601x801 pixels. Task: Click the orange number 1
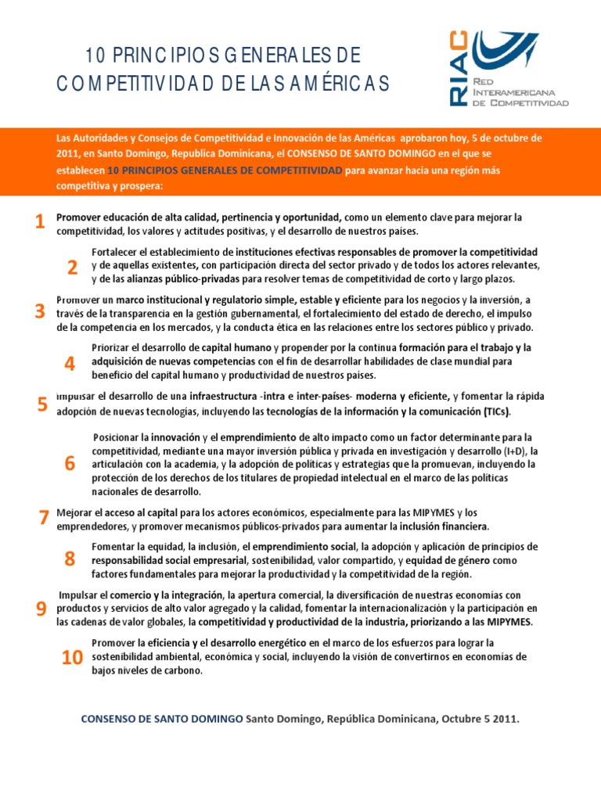[x=39, y=223]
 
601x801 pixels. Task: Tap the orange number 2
[x=72, y=268]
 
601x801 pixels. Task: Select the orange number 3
[x=39, y=312]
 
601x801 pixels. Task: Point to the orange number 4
[x=70, y=364]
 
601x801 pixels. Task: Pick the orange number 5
[x=42, y=404]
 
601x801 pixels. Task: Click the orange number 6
[x=70, y=464]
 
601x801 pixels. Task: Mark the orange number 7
[x=44, y=518]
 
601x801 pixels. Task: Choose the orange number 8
[x=70, y=559]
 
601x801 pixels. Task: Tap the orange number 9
[x=41, y=610]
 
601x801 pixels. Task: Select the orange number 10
[x=72, y=659]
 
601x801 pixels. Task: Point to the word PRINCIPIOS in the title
[x=158, y=56]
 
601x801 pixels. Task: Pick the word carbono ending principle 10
[x=181, y=671]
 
